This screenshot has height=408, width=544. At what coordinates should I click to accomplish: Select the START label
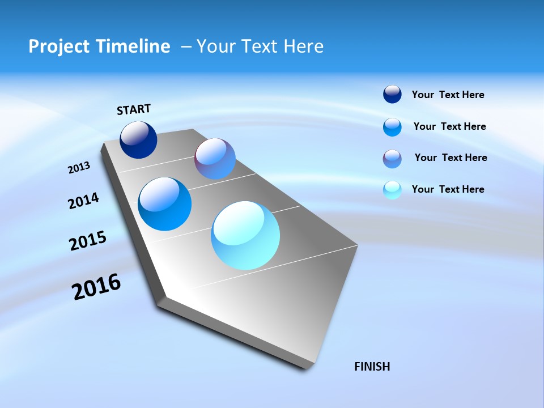tap(134, 109)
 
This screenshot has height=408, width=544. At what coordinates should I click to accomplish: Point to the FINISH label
tap(372, 367)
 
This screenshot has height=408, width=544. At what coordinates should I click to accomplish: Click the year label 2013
tap(79, 168)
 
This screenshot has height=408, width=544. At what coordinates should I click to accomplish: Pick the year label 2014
tap(83, 201)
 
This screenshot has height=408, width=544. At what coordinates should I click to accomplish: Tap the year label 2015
tap(88, 241)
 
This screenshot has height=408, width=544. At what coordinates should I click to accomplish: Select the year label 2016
tap(96, 287)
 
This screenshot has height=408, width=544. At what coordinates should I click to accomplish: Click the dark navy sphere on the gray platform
tap(138, 140)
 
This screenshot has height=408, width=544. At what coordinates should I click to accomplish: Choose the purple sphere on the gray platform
tap(215, 159)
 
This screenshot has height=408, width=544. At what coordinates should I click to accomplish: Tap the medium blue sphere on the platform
tap(165, 204)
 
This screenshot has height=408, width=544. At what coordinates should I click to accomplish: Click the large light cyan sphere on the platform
tap(245, 235)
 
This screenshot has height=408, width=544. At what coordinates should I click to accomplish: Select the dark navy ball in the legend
tap(392, 95)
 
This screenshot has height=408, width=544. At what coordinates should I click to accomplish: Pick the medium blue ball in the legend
tap(392, 127)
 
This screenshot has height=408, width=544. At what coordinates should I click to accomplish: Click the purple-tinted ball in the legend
tap(392, 159)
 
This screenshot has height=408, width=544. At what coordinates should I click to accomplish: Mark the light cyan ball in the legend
tap(392, 190)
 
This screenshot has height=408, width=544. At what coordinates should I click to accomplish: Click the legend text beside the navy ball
tap(448, 95)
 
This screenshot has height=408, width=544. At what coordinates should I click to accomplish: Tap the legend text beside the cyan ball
tap(448, 189)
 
